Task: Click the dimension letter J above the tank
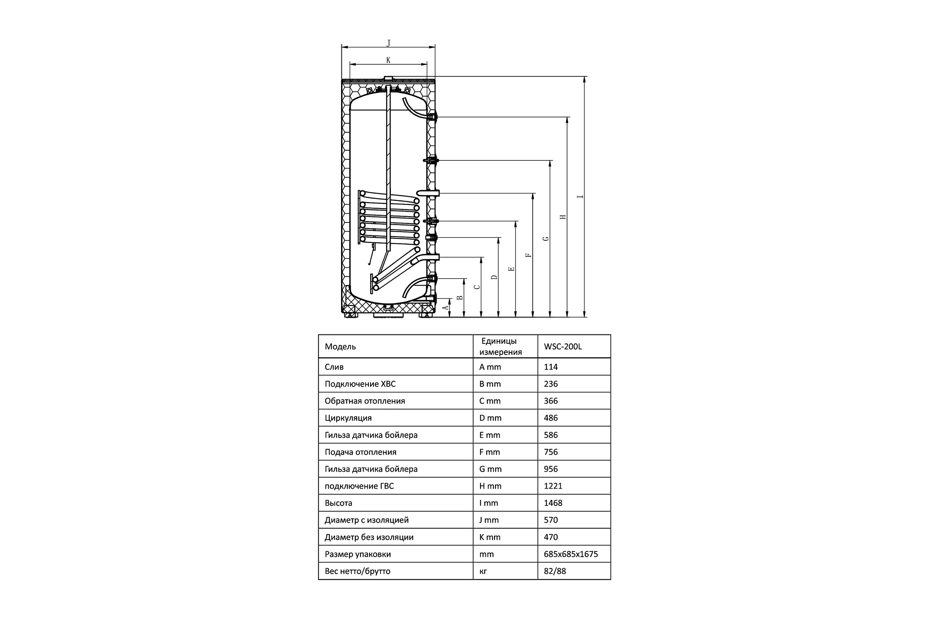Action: [x=388, y=43]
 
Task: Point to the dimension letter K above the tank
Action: [x=388, y=60]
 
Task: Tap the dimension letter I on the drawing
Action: [x=580, y=196]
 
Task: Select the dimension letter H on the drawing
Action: [x=563, y=217]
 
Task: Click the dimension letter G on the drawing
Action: [x=546, y=238]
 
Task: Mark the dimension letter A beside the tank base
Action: [x=446, y=307]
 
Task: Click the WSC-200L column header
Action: [x=563, y=346]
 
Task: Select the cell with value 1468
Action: [x=553, y=503]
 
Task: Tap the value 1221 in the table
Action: [x=553, y=486]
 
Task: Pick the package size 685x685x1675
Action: [x=571, y=554]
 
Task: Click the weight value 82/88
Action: [x=555, y=571]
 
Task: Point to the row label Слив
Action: [x=334, y=367]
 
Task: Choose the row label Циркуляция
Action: [x=348, y=418]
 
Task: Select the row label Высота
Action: [x=338, y=503]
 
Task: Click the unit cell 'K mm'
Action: [x=490, y=537]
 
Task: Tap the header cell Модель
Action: [x=340, y=347]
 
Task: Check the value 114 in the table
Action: [x=550, y=367]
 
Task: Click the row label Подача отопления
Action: [x=360, y=452]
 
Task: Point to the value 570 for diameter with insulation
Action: [x=550, y=520]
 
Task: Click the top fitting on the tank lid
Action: [x=389, y=79]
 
